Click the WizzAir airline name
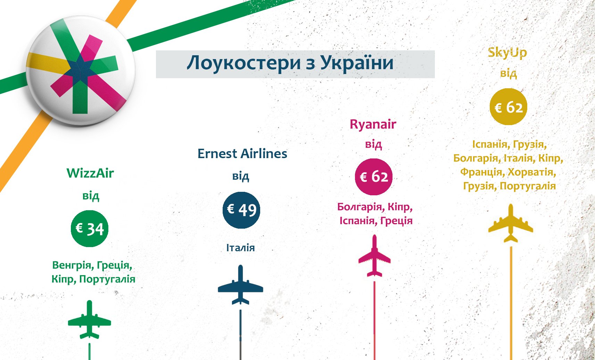coord(90,173)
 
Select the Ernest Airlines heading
coord(242,154)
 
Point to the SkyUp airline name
coord(507,53)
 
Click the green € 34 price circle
coord(90,229)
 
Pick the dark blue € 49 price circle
coord(241,210)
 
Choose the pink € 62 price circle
coord(374,177)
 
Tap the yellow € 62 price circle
coord(509,107)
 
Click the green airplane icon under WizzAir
coord(90,320)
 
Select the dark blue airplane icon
coord(241,285)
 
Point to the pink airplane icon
coord(374,256)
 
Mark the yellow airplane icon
coord(511,223)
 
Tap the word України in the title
coord(357,63)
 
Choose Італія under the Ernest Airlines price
coord(240,248)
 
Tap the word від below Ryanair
coord(373,144)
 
